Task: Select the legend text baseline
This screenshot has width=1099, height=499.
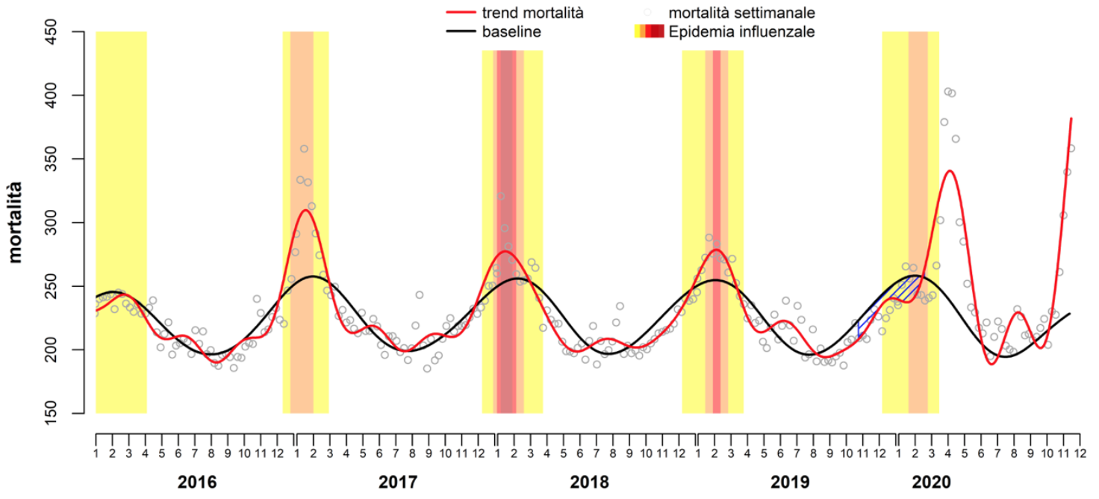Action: pos(511,31)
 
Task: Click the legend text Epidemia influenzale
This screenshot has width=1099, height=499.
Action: pos(741,31)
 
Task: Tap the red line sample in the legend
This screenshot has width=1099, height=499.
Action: pos(461,13)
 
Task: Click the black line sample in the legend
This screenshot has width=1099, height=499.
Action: pos(461,31)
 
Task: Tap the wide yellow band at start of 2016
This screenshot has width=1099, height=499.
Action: pos(121,224)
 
